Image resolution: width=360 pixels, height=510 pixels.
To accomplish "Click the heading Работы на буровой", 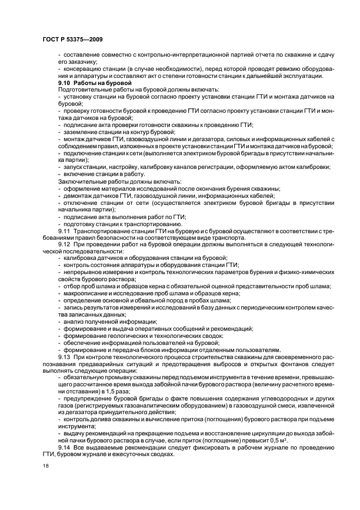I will [x=102, y=82].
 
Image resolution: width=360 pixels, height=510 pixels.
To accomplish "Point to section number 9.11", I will [x=65, y=231].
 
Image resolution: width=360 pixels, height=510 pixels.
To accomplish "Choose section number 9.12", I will [x=65, y=245].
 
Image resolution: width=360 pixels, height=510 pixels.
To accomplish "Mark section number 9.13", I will [x=65, y=356].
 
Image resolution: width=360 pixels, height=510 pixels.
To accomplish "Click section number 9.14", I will [x=65, y=447].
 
